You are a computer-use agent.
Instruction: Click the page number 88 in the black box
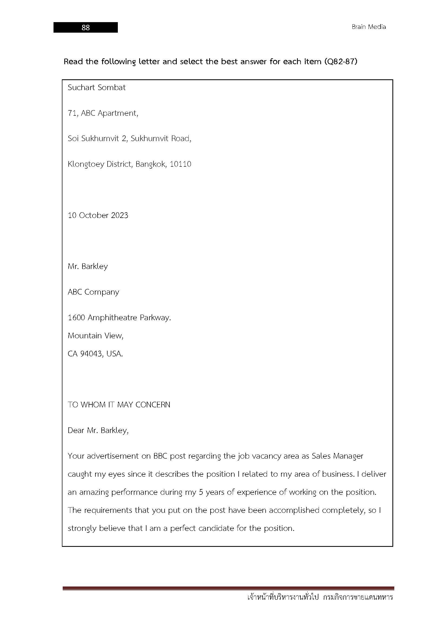(86, 28)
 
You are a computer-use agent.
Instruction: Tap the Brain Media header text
(369, 27)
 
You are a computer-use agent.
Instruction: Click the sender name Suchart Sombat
(96, 87)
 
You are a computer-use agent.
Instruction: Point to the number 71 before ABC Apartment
(72, 113)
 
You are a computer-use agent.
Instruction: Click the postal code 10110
(180, 164)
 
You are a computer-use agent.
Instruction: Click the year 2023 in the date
(119, 215)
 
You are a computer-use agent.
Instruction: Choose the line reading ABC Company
(93, 292)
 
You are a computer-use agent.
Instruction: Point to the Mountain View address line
(95, 336)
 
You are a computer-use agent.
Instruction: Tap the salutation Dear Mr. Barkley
(98, 430)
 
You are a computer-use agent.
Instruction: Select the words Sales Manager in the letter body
(337, 456)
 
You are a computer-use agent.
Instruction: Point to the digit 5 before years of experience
(201, 492)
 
